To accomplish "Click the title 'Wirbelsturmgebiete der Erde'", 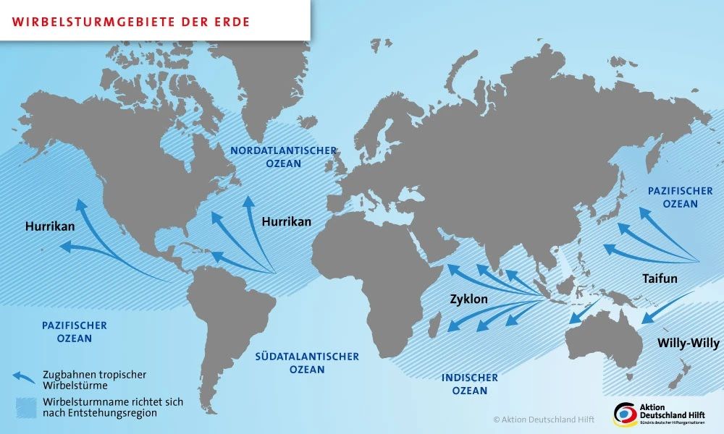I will click(131, 22).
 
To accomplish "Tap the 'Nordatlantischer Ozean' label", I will click(283, 157).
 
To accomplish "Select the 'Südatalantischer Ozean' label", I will click(306, 362).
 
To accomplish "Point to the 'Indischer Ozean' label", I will click(470, 384).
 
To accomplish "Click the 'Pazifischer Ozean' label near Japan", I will click(680, 197).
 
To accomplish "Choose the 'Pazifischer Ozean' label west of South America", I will click(75, 332).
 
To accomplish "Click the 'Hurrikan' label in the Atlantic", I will click(286, 221).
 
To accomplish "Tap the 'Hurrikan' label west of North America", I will click(50, 226).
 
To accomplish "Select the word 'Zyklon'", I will click(468, 299).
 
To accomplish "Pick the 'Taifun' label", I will click(660, 278).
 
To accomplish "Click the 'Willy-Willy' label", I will click(688, 343).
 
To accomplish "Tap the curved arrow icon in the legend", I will click(23, 376).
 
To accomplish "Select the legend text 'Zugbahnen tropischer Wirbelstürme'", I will click(94, 380).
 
